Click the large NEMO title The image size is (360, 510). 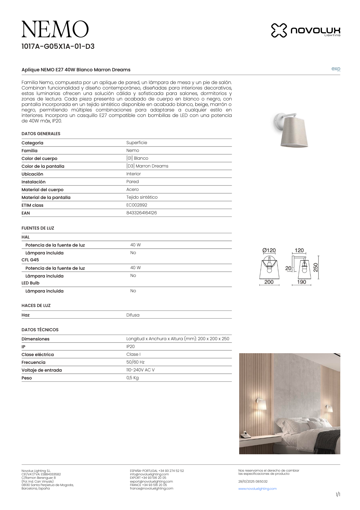pos(55,29)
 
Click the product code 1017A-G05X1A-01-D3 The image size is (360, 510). pos(58,46)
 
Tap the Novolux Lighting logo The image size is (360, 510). pos(306,30)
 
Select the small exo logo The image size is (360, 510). pos(336,69)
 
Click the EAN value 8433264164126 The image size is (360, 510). pos(142,213)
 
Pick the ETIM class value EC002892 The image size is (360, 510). pos(137,205)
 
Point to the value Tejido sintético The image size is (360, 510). pos(142,197)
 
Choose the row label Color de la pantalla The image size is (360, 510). pos(43,166)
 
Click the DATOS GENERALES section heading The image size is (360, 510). pos(41,134)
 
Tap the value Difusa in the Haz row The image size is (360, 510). pos(133,315)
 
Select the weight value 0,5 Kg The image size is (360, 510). pos(132,378)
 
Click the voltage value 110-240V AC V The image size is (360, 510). pos(140,370)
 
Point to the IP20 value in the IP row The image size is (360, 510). pos(130,347)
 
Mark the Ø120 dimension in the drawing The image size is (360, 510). pos(269,250)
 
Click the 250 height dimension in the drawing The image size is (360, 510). pos(316,267)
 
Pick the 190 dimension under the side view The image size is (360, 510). pos(301,282)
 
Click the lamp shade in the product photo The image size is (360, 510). pos(294,132)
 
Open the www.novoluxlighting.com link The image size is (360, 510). pos(257,489)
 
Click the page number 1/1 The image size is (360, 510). pos(338,495)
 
